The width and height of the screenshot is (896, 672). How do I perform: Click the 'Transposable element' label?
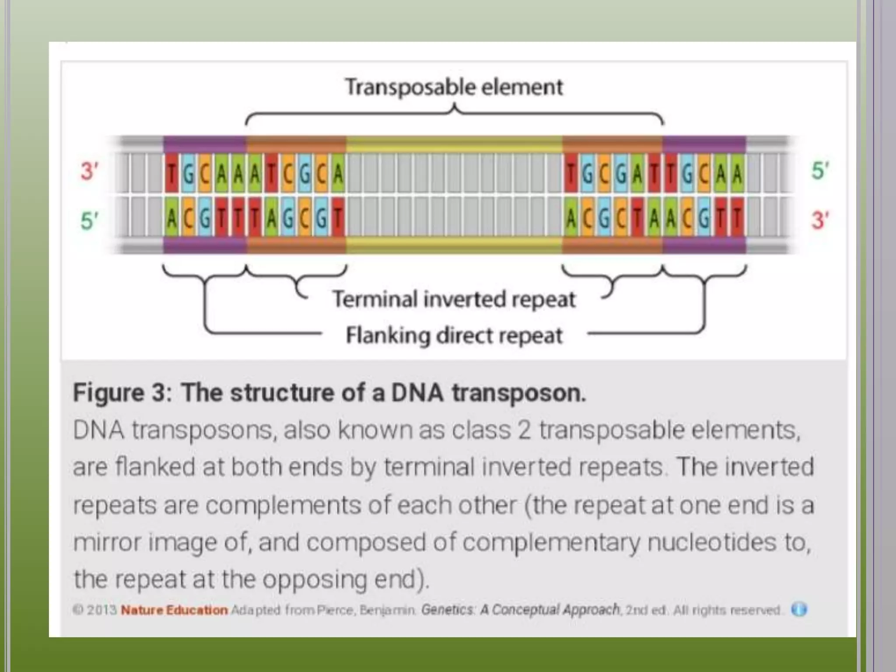point(454,87)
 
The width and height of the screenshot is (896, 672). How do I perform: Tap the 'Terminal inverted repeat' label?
point(454,299)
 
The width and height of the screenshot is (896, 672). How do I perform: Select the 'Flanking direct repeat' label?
point(454,336)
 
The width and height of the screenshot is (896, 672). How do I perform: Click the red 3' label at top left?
point(89,171)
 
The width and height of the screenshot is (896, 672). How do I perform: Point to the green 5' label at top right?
point(820,171)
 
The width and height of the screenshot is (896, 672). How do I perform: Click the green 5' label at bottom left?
point(89,220)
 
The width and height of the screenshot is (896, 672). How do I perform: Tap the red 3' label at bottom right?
point(820,220)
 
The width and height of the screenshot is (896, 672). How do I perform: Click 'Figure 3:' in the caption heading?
point(122,392)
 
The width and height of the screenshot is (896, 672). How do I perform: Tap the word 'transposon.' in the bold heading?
point(519,392)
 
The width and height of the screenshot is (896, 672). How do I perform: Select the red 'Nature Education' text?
point(174,610)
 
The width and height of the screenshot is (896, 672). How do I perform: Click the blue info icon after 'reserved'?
point(799,609)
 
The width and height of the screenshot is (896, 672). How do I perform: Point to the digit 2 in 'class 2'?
point(524,430)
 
